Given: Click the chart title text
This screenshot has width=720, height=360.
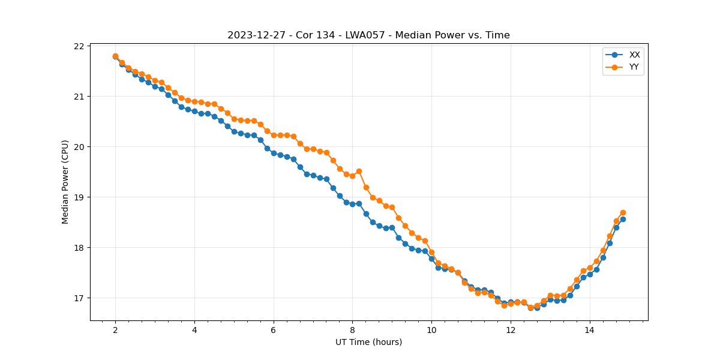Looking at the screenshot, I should (368, 35).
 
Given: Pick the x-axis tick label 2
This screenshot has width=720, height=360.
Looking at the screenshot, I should (115, 330).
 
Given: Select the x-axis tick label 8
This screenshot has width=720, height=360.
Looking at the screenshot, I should (352, 330).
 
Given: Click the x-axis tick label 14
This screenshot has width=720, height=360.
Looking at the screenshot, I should (589, 330).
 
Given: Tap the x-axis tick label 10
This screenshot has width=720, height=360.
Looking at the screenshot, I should (431, 330).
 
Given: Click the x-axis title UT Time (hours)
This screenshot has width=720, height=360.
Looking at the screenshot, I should (368, 342).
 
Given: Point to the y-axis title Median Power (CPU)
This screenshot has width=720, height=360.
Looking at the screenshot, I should (65, 183).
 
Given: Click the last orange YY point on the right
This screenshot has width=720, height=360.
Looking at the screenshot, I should (623, 212).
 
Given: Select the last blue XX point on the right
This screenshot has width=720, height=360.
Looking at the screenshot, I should (623, 219).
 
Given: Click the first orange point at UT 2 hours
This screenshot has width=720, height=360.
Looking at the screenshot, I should (115, 56).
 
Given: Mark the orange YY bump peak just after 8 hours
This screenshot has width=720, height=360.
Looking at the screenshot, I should (359, 171).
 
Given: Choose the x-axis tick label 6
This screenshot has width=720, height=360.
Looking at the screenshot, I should (274, 330).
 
